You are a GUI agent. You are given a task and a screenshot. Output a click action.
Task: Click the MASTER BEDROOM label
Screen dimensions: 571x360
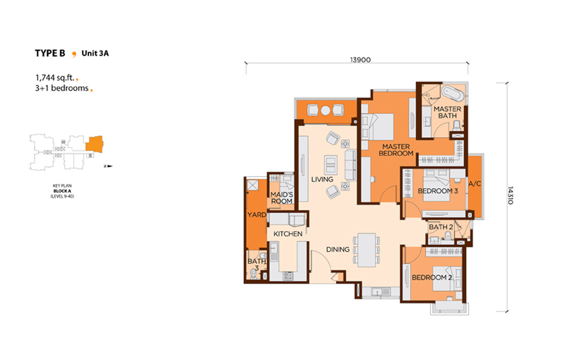[396, 150]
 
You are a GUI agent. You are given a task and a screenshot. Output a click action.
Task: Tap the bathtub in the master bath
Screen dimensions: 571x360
[453, 94]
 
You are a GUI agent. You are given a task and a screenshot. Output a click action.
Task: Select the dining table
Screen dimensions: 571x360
[367, 250]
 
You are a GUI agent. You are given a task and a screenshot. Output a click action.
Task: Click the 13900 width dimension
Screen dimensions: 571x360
[360, 60]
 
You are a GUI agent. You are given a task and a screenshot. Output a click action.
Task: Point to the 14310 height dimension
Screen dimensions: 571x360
[510, 195]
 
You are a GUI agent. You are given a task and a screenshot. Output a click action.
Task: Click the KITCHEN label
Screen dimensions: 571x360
[288, 234]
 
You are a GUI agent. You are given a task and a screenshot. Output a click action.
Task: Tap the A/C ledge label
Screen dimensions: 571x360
[475, 184]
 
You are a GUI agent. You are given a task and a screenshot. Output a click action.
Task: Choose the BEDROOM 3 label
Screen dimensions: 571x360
[438, 191]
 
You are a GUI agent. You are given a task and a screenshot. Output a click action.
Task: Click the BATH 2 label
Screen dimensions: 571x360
[441, 227]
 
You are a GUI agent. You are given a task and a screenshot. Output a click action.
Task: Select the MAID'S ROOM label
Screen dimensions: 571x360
[282, 198]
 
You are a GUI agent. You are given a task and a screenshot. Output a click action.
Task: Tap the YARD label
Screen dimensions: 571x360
[257, 215]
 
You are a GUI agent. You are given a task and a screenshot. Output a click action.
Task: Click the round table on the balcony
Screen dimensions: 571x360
[326, 110]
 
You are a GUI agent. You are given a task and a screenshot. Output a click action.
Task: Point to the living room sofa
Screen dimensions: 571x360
[351, 165]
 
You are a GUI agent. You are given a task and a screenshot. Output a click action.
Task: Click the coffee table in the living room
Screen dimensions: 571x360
[331, 165]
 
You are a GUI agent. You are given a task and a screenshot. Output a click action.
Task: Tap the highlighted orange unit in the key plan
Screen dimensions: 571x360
[95, 144]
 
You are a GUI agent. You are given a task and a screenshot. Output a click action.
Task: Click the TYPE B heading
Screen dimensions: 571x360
[50, 53]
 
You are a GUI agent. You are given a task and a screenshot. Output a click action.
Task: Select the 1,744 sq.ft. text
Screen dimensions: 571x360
[55, 78]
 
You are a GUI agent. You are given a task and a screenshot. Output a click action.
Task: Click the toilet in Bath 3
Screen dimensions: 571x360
[254, 274]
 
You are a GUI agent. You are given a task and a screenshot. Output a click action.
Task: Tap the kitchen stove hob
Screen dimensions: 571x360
[288, 276]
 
